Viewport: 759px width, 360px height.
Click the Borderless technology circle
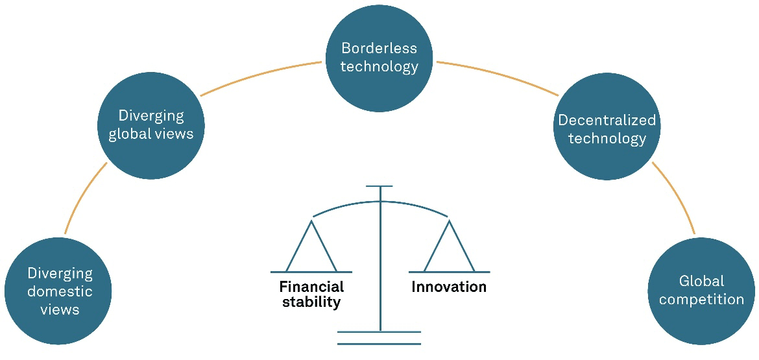(x=379, y=58)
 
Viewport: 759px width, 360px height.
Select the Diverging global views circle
(x=151, y=125)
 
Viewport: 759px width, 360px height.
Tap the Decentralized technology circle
(x=607, y=128)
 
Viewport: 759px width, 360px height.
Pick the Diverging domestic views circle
(x=58, y=291)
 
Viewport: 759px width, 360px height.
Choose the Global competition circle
(x=701, y=290)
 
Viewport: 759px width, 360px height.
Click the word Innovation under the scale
(x=448, y=287)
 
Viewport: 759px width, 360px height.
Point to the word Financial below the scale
(x=311, y=287)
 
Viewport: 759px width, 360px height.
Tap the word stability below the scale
(x=311, y=302)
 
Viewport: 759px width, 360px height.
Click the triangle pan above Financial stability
(x=311, y=250)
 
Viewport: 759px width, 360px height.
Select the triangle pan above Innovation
(x=449, y=250)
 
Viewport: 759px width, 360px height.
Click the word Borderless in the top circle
(x=379, y=49)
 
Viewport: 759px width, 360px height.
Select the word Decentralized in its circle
(x=607, y=121)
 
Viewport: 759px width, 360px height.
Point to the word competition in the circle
(x=701, y=299)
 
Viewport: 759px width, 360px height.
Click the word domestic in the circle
(x=59, y=291)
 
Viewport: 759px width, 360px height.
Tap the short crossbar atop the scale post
(x=379, y=186)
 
